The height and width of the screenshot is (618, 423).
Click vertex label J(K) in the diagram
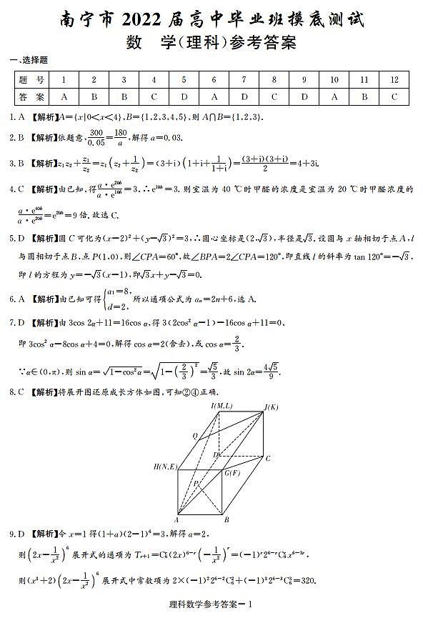point(271,407)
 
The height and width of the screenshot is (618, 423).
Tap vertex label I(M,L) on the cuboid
point(222,406)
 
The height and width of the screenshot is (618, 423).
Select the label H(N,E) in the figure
point(165,467)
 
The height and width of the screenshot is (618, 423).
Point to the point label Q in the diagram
point(194,435)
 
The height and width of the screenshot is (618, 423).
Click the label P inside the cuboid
point(195,484)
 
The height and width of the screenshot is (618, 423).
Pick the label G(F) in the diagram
point(232,472)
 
